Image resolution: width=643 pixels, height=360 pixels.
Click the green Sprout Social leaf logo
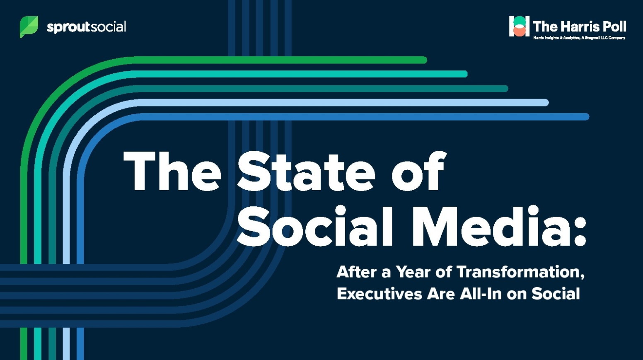tap(29, 27)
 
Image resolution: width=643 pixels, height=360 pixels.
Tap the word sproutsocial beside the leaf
tap(87, 27)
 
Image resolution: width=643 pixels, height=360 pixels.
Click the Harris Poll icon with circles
tap(519, 26)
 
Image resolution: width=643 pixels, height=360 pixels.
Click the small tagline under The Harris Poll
tap(579, 38)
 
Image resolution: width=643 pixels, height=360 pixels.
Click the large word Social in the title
tap(315, 226)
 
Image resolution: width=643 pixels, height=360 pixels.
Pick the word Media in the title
tap(491, 226)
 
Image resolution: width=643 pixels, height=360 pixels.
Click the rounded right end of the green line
tap(424, 60)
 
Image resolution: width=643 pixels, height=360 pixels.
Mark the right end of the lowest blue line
tap(586, 116)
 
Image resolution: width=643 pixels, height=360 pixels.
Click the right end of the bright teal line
tap(464, 74)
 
